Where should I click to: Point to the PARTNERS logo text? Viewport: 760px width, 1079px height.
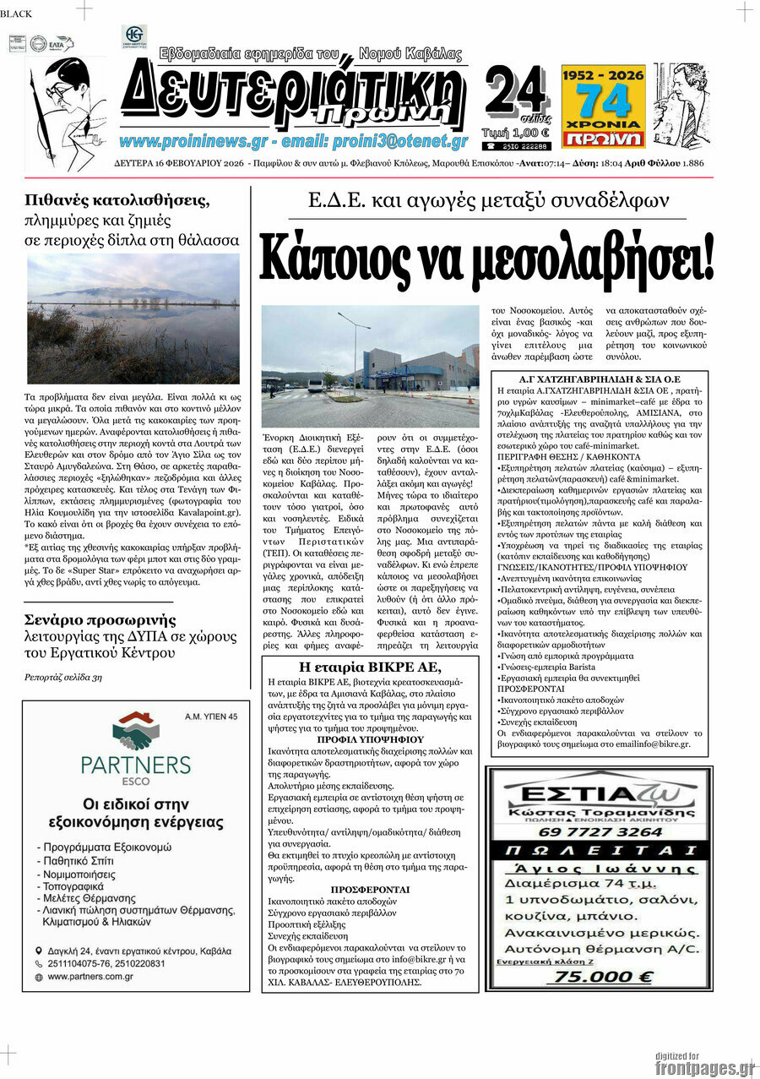136,765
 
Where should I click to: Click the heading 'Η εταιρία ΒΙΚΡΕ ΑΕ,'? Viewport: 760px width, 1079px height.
366,666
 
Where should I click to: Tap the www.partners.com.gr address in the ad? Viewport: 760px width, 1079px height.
90,977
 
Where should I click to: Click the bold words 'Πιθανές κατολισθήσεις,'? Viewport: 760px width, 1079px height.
117,201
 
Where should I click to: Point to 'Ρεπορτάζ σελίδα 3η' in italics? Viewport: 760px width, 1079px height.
63,677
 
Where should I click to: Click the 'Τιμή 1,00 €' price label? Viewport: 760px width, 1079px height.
515,132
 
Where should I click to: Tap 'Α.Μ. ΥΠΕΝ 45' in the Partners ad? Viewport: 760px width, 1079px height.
211,717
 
